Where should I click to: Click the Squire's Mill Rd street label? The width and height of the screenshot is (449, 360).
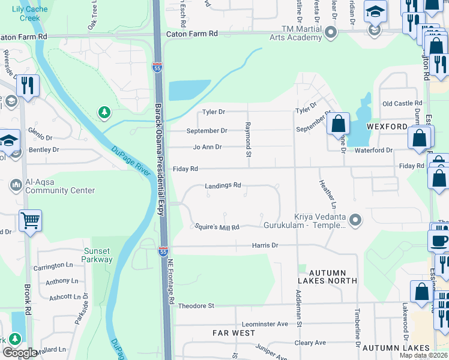[x=217, y=227]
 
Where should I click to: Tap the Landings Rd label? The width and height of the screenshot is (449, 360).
[x=223, y=186]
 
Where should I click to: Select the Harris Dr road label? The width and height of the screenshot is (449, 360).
[x=265, y=245]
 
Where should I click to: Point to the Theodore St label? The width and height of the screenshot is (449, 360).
[x=196, y=306]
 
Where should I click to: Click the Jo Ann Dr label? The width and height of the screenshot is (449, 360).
[x=208, y=147]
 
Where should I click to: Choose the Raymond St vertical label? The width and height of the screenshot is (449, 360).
[x=248, y=139]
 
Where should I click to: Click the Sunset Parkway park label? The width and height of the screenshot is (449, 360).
[x=97, y=255]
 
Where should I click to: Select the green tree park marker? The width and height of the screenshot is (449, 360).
[x=105, y=112]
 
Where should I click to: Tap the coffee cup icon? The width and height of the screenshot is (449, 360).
[x=438, y=241]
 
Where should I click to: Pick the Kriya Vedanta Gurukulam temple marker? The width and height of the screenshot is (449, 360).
[x=355, y=220]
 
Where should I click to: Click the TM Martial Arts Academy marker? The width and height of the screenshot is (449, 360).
[x=331, y=35]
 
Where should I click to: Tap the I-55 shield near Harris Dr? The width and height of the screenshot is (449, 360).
[x=163, y=252]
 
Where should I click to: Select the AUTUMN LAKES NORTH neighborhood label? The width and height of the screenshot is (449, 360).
[x=327, y=276]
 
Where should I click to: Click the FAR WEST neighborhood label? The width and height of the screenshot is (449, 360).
[x=234, y=332]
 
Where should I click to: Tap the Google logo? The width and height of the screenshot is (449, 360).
[x=19, y=353]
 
